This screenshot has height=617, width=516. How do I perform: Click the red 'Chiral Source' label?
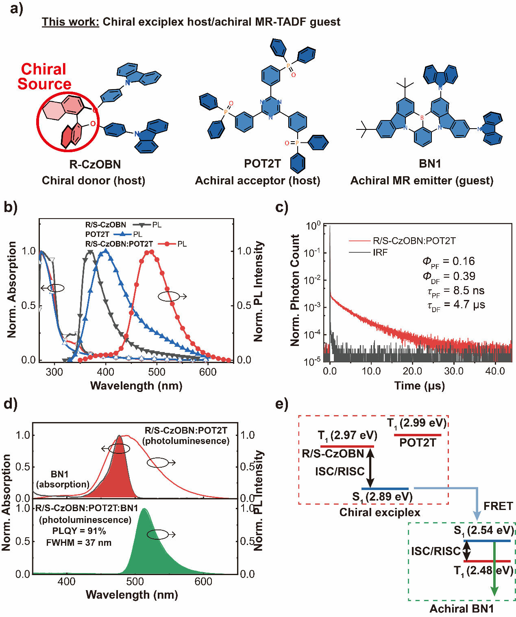(44, 77)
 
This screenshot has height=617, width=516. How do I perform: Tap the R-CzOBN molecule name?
(95, 164)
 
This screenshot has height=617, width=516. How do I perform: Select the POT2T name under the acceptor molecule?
(262, 164)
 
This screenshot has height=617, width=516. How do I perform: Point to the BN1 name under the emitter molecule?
(430, 164)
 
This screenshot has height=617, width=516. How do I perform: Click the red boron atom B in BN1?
(422, 118)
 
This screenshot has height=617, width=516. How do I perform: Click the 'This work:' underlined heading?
(70, 22)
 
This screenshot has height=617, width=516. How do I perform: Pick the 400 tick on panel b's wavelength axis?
(106, 372)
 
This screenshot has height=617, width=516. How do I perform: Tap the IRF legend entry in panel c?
(380, 252)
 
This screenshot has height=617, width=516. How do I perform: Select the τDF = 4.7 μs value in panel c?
(456, 305)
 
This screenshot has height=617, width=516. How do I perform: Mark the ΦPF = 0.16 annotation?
(449, 262)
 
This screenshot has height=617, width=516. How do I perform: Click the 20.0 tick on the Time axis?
(412, 371)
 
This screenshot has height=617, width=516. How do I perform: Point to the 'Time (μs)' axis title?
(419, 386)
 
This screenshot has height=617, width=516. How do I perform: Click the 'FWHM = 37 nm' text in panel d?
(78, 543)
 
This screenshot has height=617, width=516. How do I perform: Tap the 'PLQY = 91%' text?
(79, 531)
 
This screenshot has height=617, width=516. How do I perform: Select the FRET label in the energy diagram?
(498, 506)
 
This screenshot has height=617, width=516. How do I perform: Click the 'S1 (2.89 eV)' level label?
(382, 497)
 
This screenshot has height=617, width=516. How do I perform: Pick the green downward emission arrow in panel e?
(494, 570)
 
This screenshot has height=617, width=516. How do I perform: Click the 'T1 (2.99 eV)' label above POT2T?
(417, 423)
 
